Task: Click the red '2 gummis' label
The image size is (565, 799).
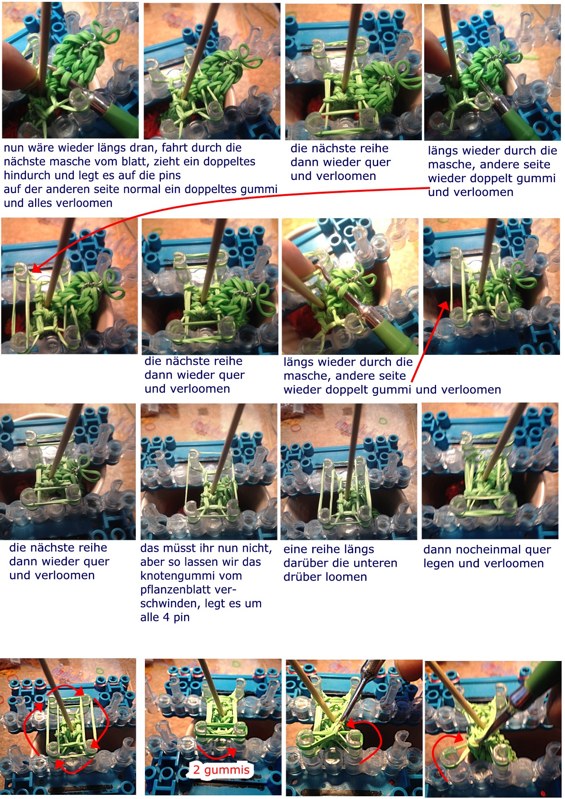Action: coord(221,770)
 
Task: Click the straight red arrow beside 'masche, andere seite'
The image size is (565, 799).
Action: coord(428,342)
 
